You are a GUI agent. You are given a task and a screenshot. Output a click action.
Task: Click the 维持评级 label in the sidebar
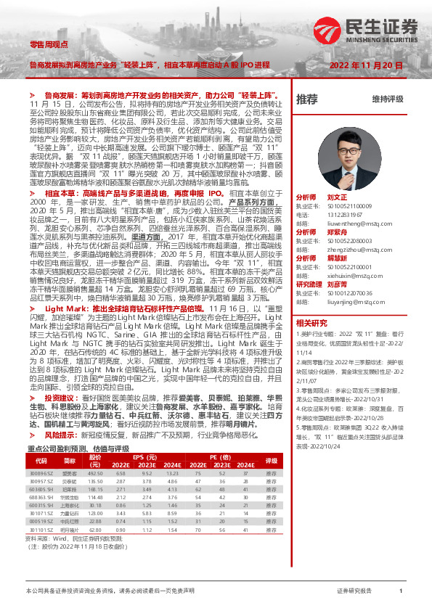(387, 98)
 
